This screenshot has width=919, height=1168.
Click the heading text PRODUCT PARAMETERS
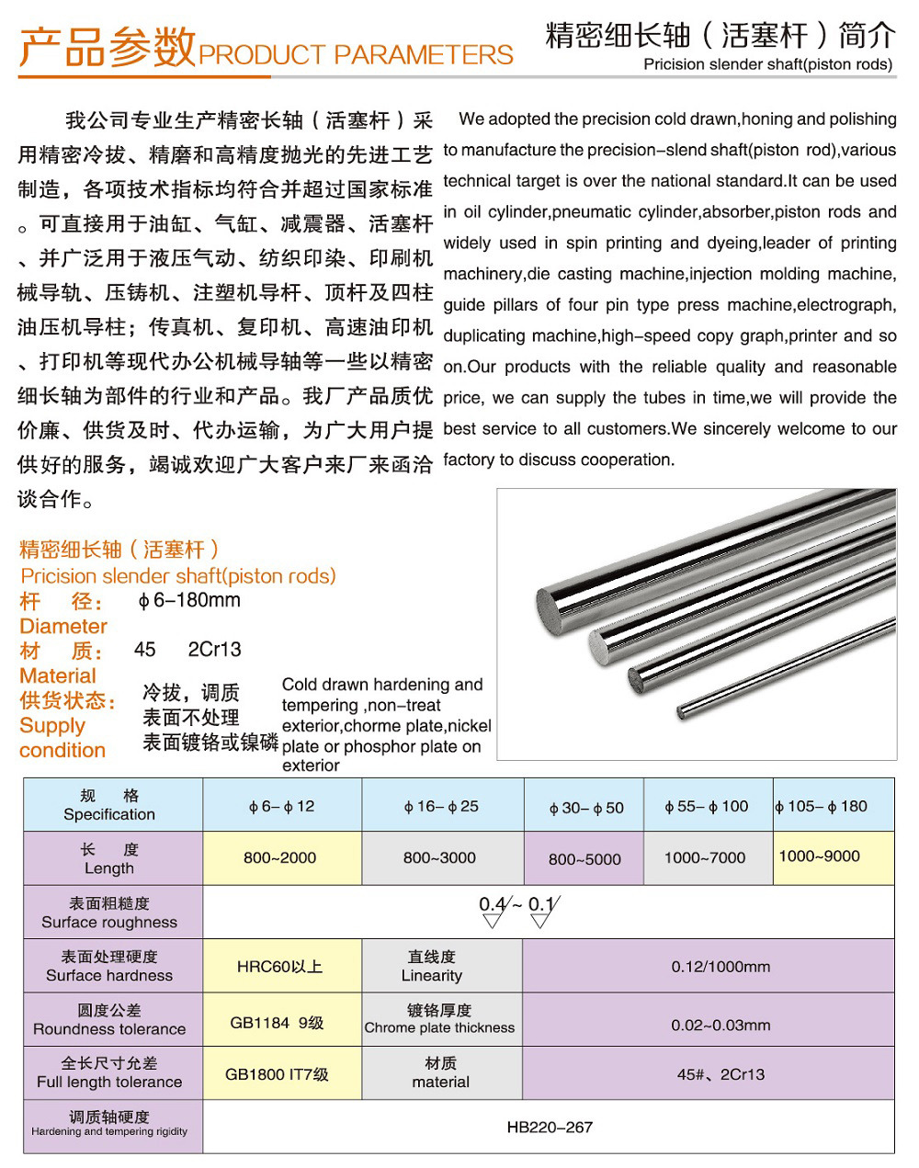click(356, 55)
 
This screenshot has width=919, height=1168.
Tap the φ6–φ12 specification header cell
click(281, 807)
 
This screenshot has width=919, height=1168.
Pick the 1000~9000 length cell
click(819, 856)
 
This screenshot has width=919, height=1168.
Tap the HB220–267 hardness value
click(550, 1128)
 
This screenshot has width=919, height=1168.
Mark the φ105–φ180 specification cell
click(821, 807)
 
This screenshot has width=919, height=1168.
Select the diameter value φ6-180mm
click(188, 601)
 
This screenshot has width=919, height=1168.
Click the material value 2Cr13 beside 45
click(214, 650)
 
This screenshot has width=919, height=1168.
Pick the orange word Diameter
click(63, 627)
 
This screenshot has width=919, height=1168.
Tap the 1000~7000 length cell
click(705, 858)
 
